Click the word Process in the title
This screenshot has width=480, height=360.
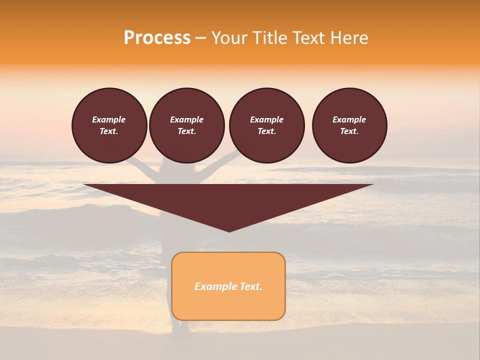tap(157, 38)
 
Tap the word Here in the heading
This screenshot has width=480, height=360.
tap(348, 38)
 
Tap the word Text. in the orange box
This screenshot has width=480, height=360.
tap(250, 286)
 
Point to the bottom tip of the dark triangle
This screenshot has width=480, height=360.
tap(229, 230)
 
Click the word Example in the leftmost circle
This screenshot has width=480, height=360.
tap(109, 119)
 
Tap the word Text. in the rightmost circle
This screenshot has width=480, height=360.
tap(349, 131)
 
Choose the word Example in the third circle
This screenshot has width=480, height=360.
tap(266, 119)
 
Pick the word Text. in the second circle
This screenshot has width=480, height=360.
tap(187, 131)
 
